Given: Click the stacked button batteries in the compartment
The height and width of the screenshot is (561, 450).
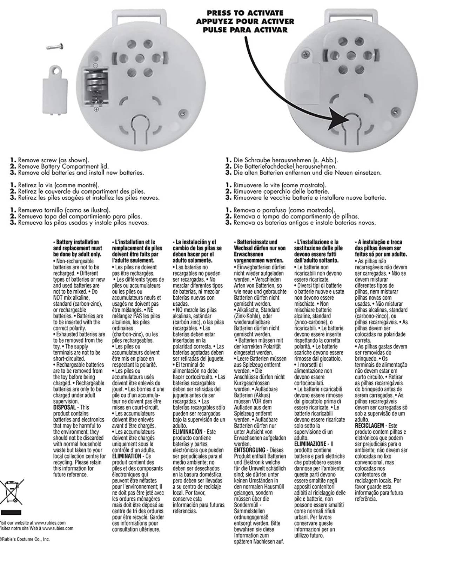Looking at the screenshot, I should pyautogui.click(x=94, y=85).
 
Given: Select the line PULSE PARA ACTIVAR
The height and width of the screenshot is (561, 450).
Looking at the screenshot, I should pyautogui.click(x=245, y=30).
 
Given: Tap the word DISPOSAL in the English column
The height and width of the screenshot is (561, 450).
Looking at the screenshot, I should pyautogui.click(x=65, y=407).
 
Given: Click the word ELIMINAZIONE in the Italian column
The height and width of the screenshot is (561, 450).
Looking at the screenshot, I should pyautogui.click(x=310, y=444).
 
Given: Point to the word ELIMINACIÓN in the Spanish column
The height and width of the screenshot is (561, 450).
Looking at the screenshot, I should pyautogui.click(x=188, y=432).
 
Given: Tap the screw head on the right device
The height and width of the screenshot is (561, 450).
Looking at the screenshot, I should pyautogui.click(x=396, y=111).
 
